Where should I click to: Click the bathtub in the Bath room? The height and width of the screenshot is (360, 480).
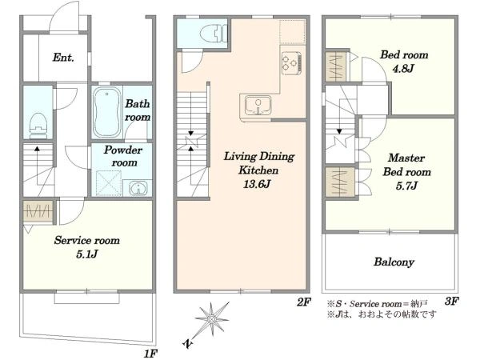point(107,114)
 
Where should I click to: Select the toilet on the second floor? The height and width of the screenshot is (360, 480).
point(210,34)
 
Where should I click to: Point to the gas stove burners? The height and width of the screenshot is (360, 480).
point(290,61)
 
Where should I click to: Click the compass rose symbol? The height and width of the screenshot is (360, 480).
point(212,321)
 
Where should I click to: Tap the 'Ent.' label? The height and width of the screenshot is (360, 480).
point(64,58)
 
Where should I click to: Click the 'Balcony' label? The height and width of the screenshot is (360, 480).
point(394,262)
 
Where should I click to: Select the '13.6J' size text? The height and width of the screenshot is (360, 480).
point(250,185)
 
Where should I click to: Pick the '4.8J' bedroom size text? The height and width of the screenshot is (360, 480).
point(404,69)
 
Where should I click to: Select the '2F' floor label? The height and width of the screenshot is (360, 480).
point(303,302)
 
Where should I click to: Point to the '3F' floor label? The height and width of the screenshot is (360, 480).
point(452,302)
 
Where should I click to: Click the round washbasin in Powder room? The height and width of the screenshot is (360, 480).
point(138,188)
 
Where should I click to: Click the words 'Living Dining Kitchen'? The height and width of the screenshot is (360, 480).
point(250,164)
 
